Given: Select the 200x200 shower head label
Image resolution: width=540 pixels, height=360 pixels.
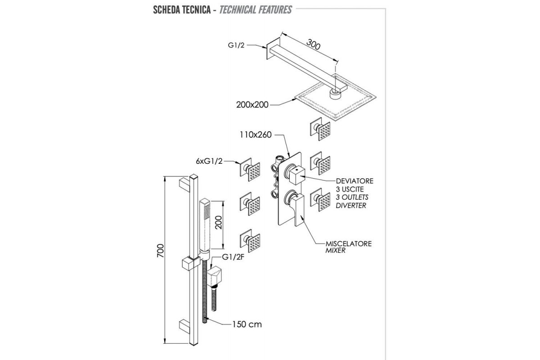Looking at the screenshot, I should pos(252,105).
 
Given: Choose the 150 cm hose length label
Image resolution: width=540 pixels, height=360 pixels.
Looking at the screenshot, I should pos(247,324).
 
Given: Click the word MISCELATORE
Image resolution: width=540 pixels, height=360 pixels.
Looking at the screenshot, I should pos(349,243).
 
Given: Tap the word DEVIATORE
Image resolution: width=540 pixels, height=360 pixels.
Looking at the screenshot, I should pos(355,181).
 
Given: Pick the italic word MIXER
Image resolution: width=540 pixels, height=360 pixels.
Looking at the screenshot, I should pos(335,251).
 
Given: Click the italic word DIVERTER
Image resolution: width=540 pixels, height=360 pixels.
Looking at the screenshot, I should pos(351,205).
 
